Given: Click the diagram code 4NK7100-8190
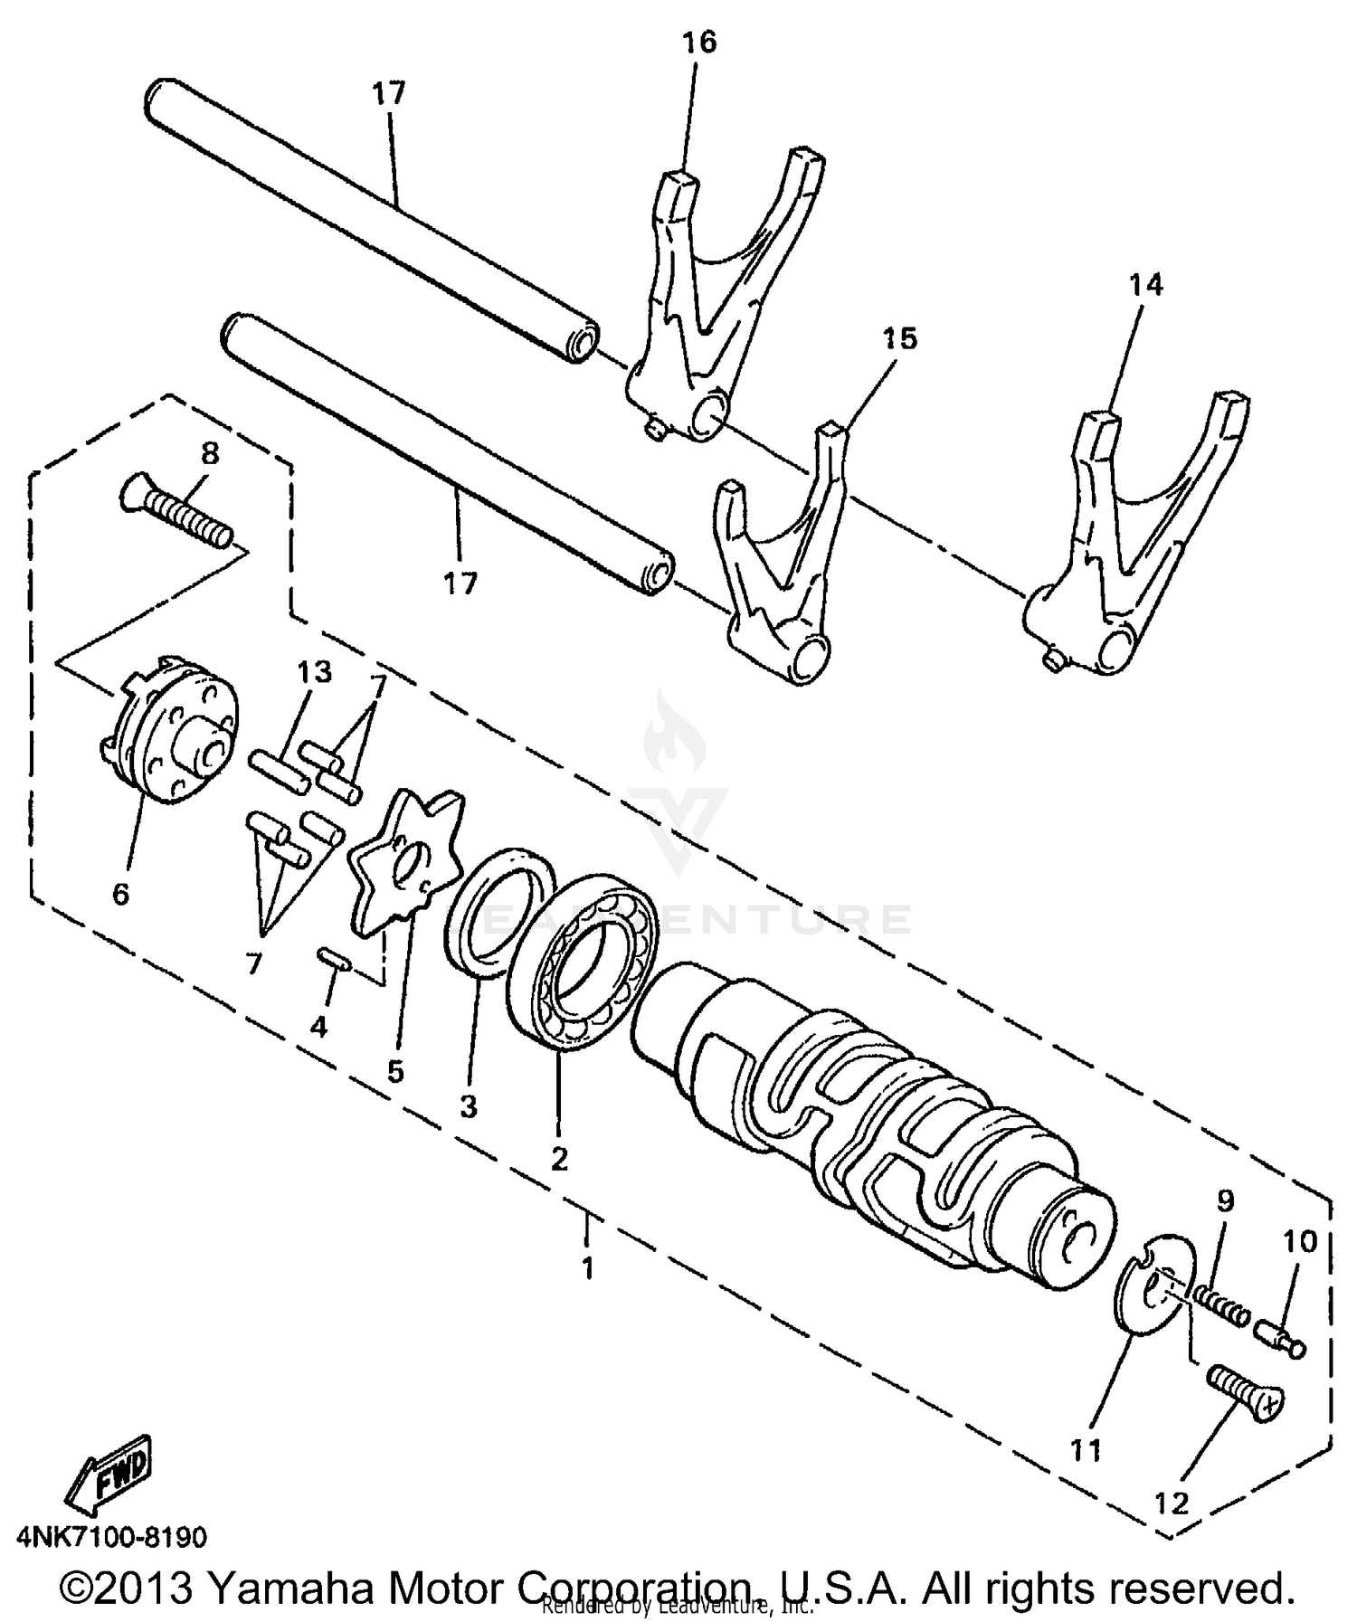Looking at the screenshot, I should coord(110,1536).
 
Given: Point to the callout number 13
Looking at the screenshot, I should coord(314,672).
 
